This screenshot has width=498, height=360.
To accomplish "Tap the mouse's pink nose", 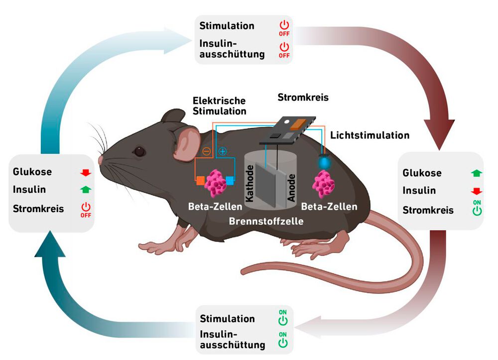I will pyautogui.click(x=100, y=160).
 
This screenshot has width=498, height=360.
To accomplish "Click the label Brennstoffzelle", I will pyautogui.click(x=266, y=221).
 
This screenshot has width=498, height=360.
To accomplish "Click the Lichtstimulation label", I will pyautogui.click(x=370, y=135).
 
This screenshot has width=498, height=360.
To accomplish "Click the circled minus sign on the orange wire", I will pyautogui.click(x=205, y=151).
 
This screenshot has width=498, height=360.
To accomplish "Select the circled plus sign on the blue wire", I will pyautogui.click(x=223, y=151).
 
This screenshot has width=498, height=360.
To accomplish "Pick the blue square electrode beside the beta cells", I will pyautogui.click(x=230, y=180).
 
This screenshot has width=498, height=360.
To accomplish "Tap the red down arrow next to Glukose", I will pyautogui.click(x=86, y=173).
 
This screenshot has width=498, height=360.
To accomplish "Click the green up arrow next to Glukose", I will pyautogui.click(x=477, y=173).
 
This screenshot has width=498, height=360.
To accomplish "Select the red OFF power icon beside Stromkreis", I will pyautogui.click(x=86, y=210).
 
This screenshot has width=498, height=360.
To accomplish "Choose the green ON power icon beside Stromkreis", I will pyautogui.click(x=477, y=209).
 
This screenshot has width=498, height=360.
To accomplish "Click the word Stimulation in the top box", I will pyautogui.click(x=227, y=25).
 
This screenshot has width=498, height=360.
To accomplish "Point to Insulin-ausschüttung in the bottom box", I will pyautogui.click(x=232, y=339).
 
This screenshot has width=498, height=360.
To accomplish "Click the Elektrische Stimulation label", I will pyautogui.click(x=219, y=106).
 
